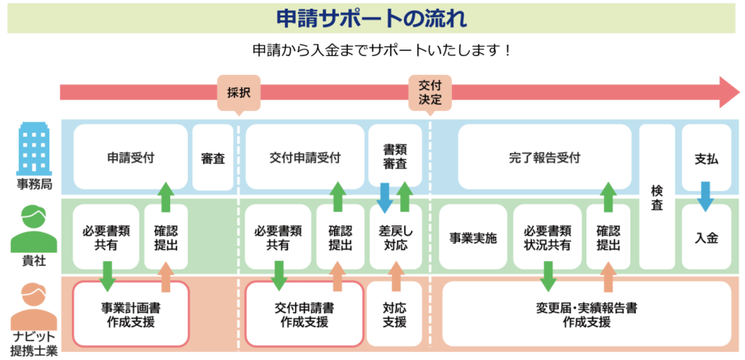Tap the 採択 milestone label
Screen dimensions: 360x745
(x=239, y=94)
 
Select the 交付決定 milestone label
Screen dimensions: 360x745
(x=430, y=92)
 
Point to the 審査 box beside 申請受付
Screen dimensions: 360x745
(x=213, y=157)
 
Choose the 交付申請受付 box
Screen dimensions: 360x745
(x=304, y=157)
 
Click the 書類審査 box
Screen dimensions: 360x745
(x=395, y=157)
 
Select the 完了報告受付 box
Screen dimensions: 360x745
(x=535, y=157)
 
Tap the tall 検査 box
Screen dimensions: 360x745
(x=657, y=196)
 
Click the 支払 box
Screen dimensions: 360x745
(x=706, y=157)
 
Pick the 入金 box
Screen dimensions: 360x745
(x=706, y=237)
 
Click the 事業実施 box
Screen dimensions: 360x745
(x=473, y=237)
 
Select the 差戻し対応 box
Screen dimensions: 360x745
(x=395, y=237)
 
